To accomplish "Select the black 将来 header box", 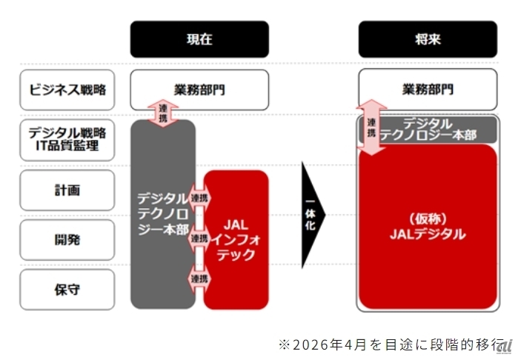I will click(428, 39).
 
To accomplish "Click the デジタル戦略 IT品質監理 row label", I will click(67, 139).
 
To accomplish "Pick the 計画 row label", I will click(67, 190).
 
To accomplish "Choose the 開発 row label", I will click(67, 239).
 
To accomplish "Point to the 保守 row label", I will click(67, 290).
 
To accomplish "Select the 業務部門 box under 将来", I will click(428, 90).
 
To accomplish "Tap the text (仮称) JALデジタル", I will click(428, 226).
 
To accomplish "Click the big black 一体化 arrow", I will click(312, 215).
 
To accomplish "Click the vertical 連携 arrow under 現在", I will click(164, 113).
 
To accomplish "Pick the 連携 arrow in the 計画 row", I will click(199, 199).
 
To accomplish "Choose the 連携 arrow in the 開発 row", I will click(199, 239).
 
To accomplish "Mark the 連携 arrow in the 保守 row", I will click(199, 279).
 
